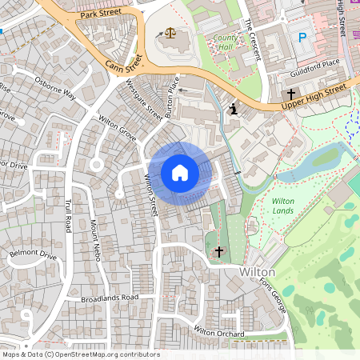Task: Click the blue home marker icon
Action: coord(180,172)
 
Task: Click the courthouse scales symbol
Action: coord(170,34)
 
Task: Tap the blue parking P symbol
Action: coord(302,37)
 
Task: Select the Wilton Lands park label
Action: coord(283,206)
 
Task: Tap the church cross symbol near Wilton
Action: coord(219,252)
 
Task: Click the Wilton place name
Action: coord(258,272)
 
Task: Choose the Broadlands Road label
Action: coord(110,298)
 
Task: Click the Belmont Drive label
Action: coord(33,256)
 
